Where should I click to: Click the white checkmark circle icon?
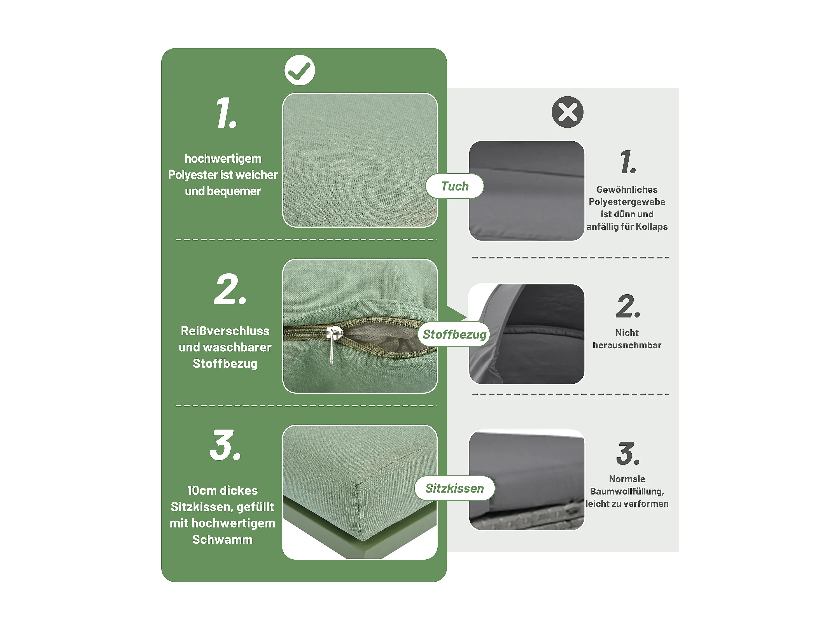tap(300, 70)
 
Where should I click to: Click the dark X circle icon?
tap(567, 112)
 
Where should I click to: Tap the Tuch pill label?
tap(454, 186)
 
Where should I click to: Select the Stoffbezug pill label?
tap(454, 334)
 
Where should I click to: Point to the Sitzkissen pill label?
tap(454, 488)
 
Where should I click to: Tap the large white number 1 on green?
tap(226, 113)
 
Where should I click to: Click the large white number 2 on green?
tap(230, 289)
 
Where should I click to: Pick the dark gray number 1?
tap(628, 162)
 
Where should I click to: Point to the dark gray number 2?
tap(628, 306)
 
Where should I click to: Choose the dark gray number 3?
tap(628, 453)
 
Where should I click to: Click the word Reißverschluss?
tap(225, 331)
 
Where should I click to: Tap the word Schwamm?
tap(223, 539)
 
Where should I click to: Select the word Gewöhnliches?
tap(627, 190)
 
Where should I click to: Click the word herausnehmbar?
tap(627, 345)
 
